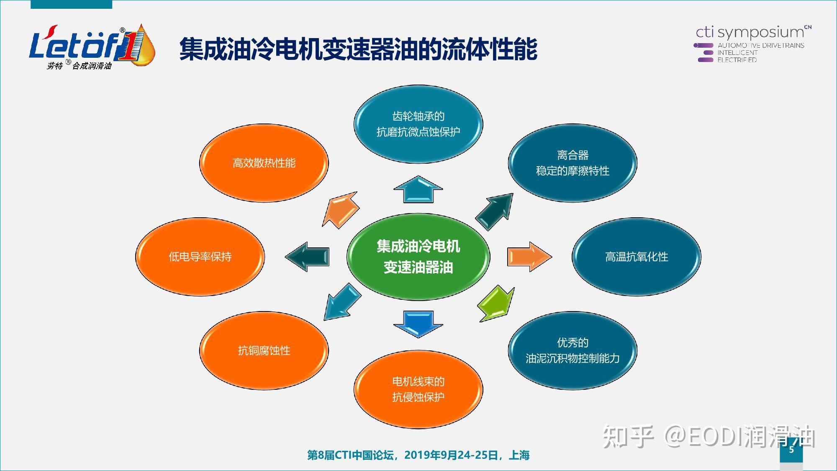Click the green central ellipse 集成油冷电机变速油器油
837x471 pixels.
tap(418, 257)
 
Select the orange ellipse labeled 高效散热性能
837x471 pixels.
tap(264, 163)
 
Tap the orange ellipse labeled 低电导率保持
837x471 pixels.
tap(200, 257)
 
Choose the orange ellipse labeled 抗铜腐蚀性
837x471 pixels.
tap(264, 350)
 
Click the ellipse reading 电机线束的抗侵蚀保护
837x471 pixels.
tap(418, 389)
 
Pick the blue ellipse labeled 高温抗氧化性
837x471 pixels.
tap(636, 257)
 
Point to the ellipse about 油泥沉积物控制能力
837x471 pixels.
tap(573, 350)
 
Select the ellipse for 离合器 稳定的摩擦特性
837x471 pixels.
tap(573, 163)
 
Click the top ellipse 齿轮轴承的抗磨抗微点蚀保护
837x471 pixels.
tap(418, 124)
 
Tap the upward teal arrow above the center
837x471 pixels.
tap(418, 190)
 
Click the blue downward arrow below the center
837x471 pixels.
tap(418, 323)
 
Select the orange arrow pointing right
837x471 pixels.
tap(529, 257)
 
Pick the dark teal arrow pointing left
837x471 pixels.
tap(308, 257)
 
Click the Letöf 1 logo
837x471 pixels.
tap(92, 47)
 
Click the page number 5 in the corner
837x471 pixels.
tap(791, 450)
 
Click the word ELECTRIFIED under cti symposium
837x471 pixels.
tap(737, 60)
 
